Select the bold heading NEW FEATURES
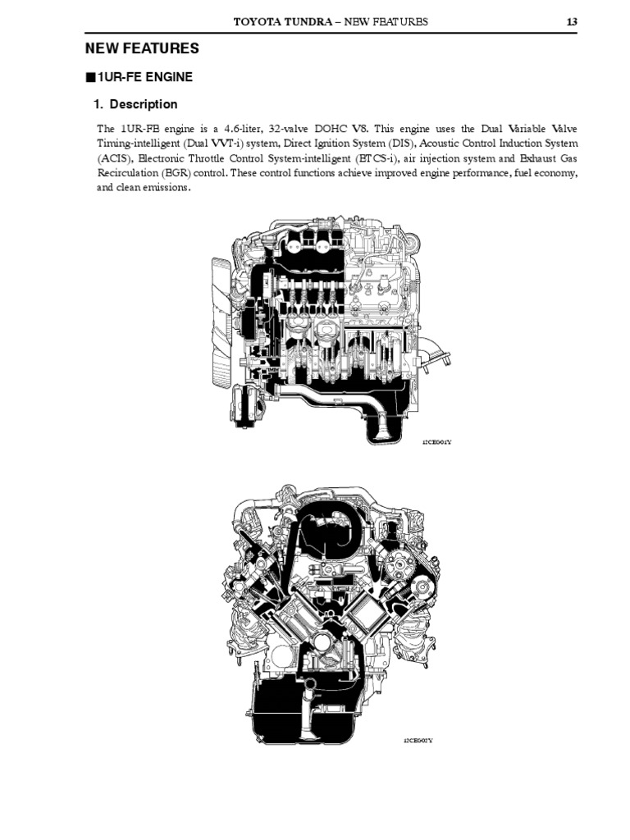click(x=144, y=49)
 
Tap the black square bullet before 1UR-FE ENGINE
click(x=90, y=78)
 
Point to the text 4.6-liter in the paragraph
click(x=247, y=129)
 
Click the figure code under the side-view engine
click(x=437, y=442)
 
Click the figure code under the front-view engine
click(x=418, y=741)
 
